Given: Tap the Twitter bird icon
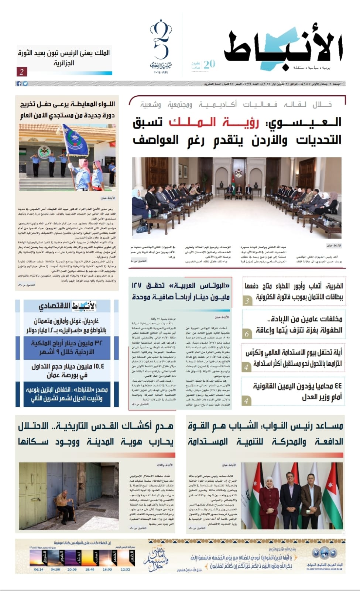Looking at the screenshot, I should [25, 84].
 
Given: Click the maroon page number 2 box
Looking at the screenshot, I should [22, 72].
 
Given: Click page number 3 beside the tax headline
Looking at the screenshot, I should [247, 301].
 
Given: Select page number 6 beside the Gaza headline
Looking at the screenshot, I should [247, 334].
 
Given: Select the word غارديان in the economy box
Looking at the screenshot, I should [89, 321].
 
